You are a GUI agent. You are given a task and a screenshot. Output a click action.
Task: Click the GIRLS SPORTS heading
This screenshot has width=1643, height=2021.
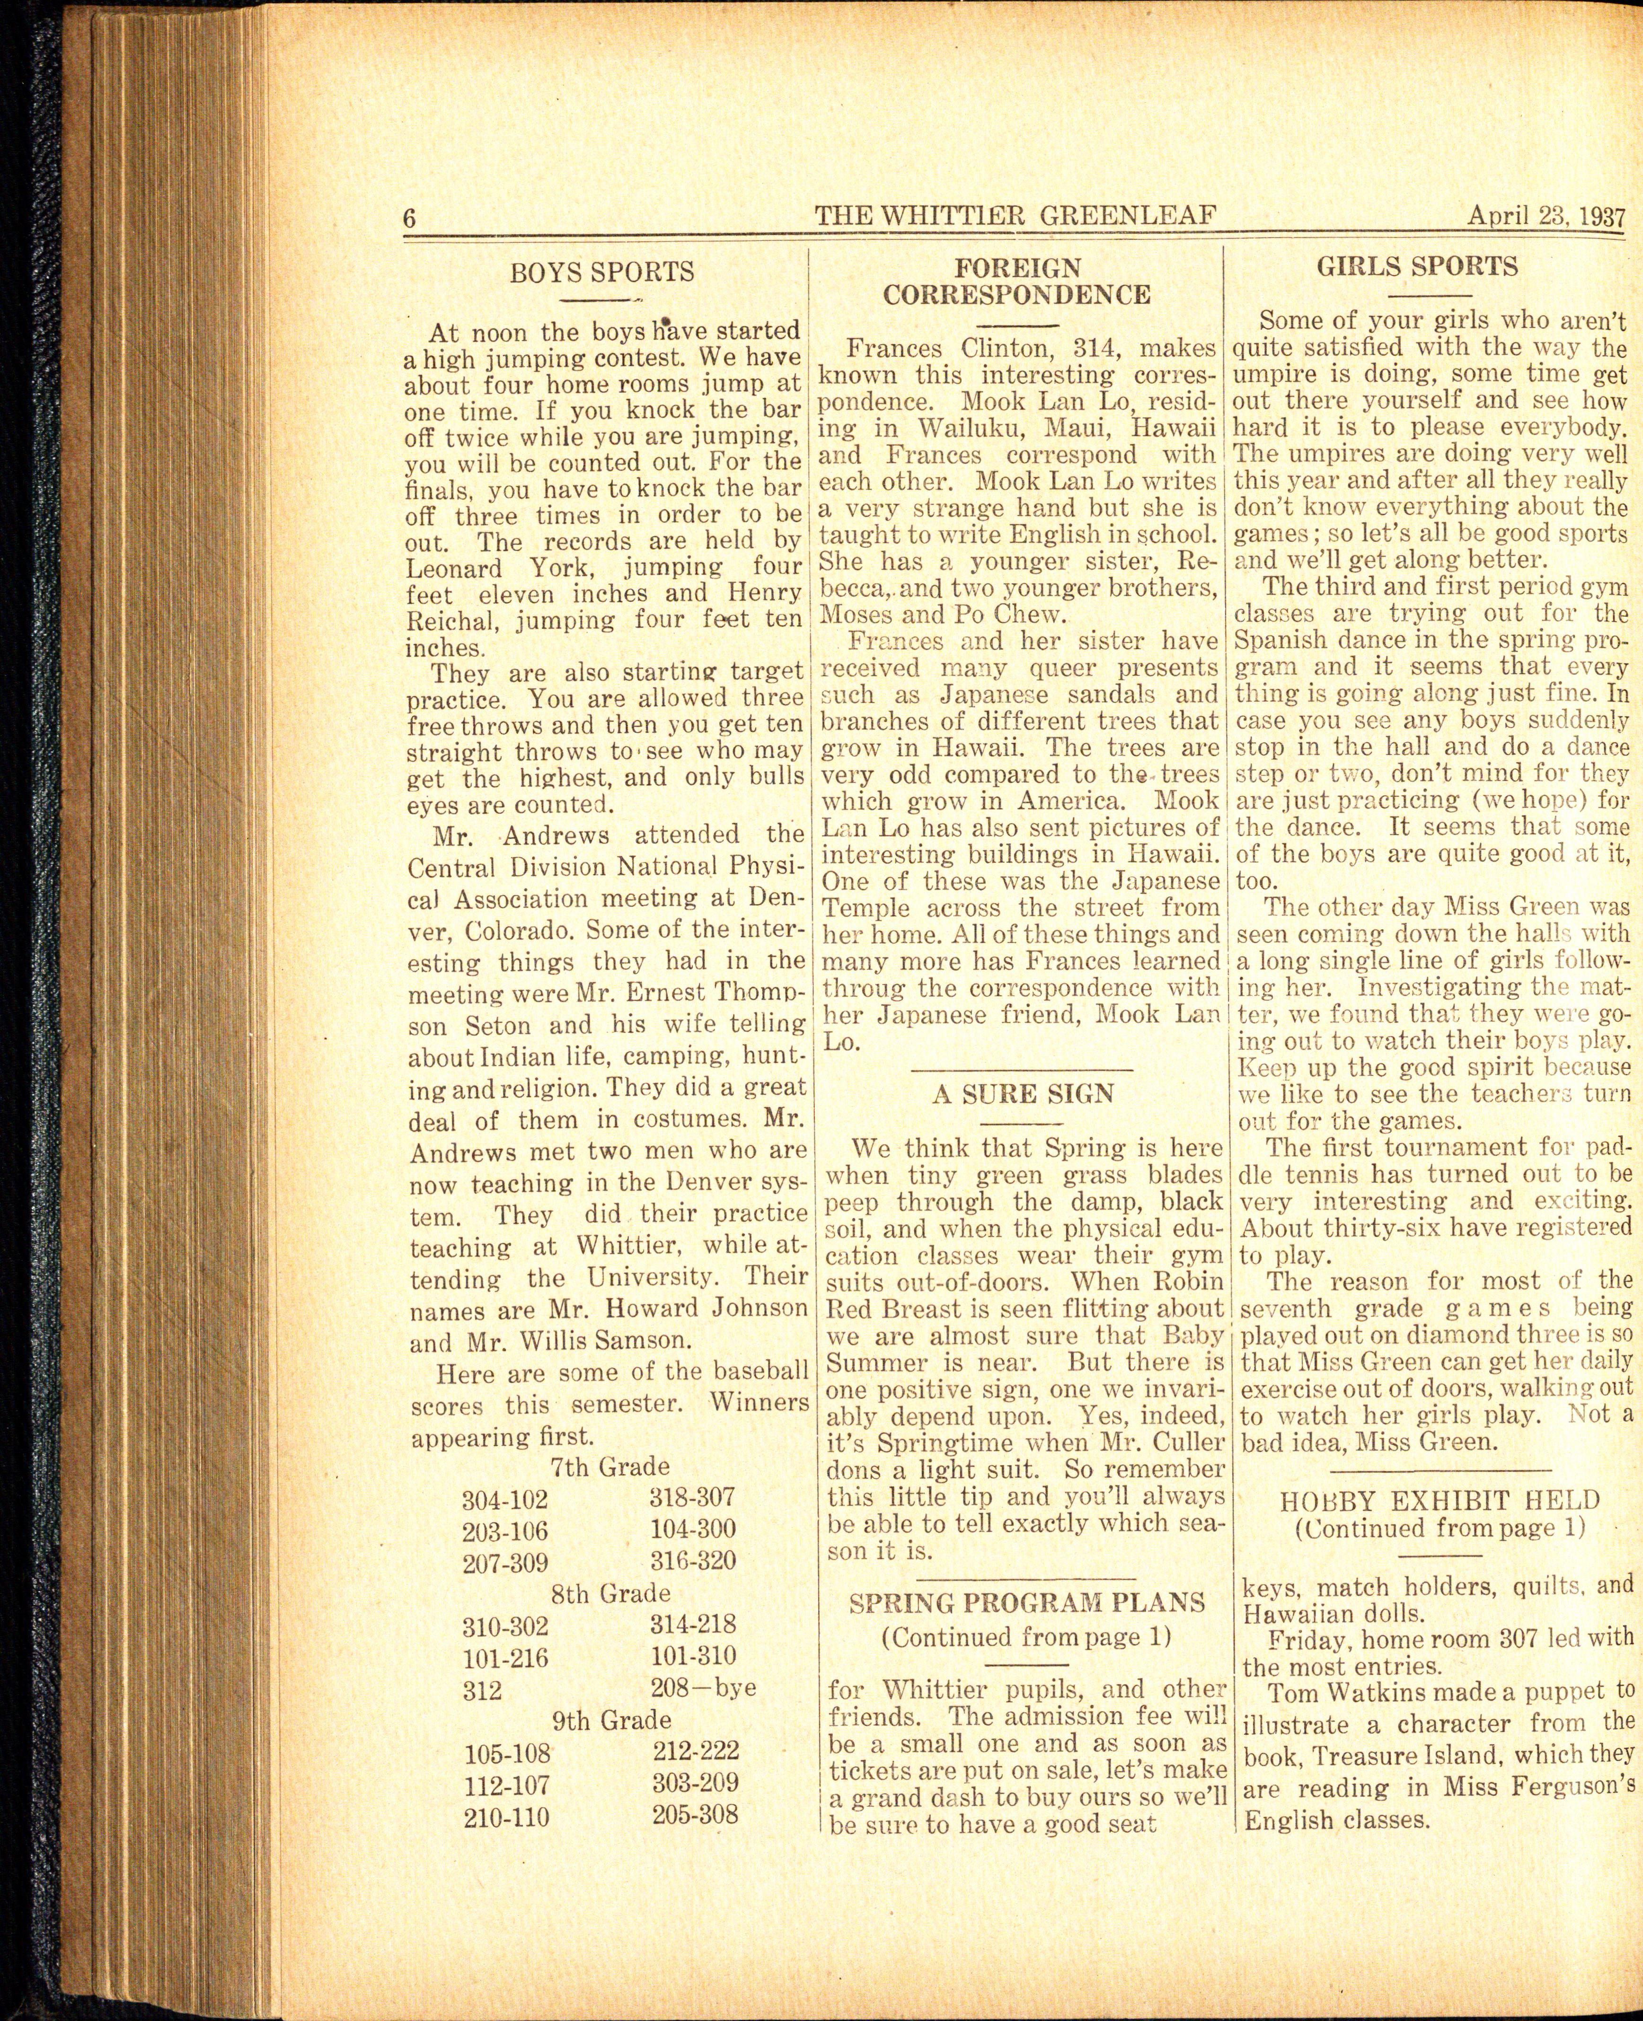[x=1417, y=267]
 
